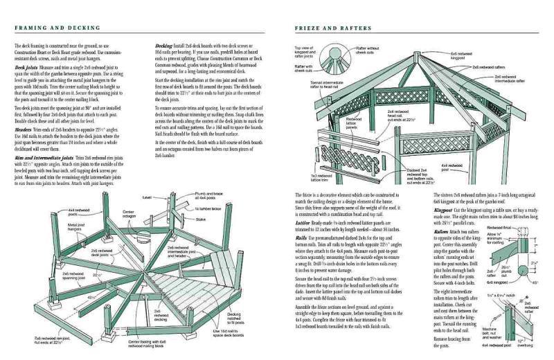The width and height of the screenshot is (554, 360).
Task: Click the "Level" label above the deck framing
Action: point(146,197)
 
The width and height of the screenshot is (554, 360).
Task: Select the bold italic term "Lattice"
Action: point(302,223)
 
